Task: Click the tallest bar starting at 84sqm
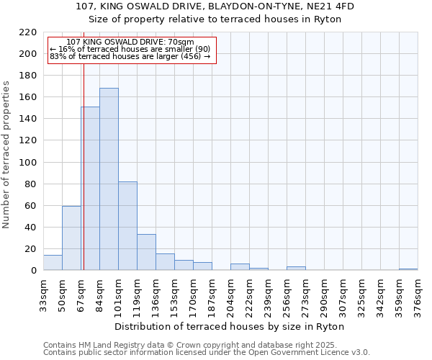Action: tap(109, 179)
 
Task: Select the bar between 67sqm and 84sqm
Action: tap(90, 189)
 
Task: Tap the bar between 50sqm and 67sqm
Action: tap(71, 238)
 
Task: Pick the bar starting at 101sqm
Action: tap(127, 226)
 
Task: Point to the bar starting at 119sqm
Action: tap(146, 253)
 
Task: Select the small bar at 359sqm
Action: tap(408, 269)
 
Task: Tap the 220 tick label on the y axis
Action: tap(28, 32)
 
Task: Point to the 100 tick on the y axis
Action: tap(28, 162)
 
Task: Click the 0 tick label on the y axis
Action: tap(33, 271)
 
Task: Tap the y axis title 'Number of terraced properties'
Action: tap(6, 155)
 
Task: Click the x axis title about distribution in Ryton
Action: tap(230, 326)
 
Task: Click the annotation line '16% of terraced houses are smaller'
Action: tap(130, 49)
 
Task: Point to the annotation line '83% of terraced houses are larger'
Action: tap(130, 56)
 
